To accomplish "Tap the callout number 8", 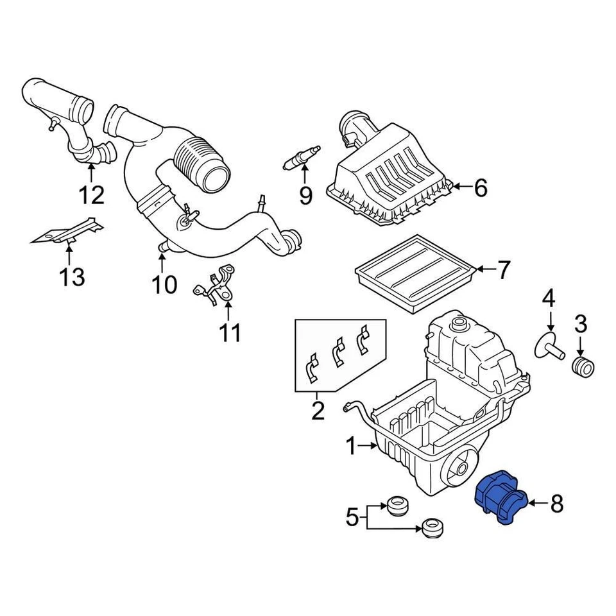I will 556,504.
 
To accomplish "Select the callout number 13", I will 72,277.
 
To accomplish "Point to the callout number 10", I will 164,283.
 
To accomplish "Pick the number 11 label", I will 230,332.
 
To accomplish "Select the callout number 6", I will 480,188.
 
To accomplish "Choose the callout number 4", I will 549,298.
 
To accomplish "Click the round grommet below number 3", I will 583,369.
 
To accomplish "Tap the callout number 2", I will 318,410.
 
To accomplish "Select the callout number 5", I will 352,517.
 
